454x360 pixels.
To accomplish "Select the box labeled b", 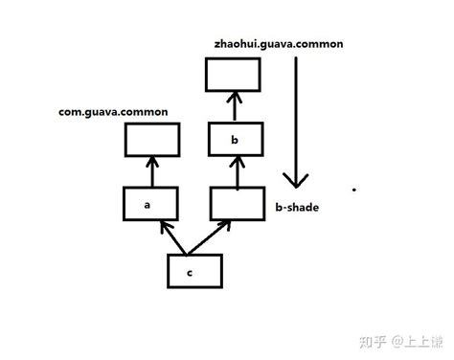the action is (x=235, y=141).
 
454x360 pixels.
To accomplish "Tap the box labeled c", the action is (x=195, y=271).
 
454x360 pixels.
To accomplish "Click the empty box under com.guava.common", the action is (x=150, y=141).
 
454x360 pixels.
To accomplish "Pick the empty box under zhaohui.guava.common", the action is (x=234, y=76).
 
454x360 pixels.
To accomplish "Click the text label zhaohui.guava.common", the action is (x=279, y=45).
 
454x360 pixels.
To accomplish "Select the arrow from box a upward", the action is (x=150, y=172).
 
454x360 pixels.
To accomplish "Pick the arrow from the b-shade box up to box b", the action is (x=235, y=172).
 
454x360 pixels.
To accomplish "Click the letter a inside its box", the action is (x=148, y=205).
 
